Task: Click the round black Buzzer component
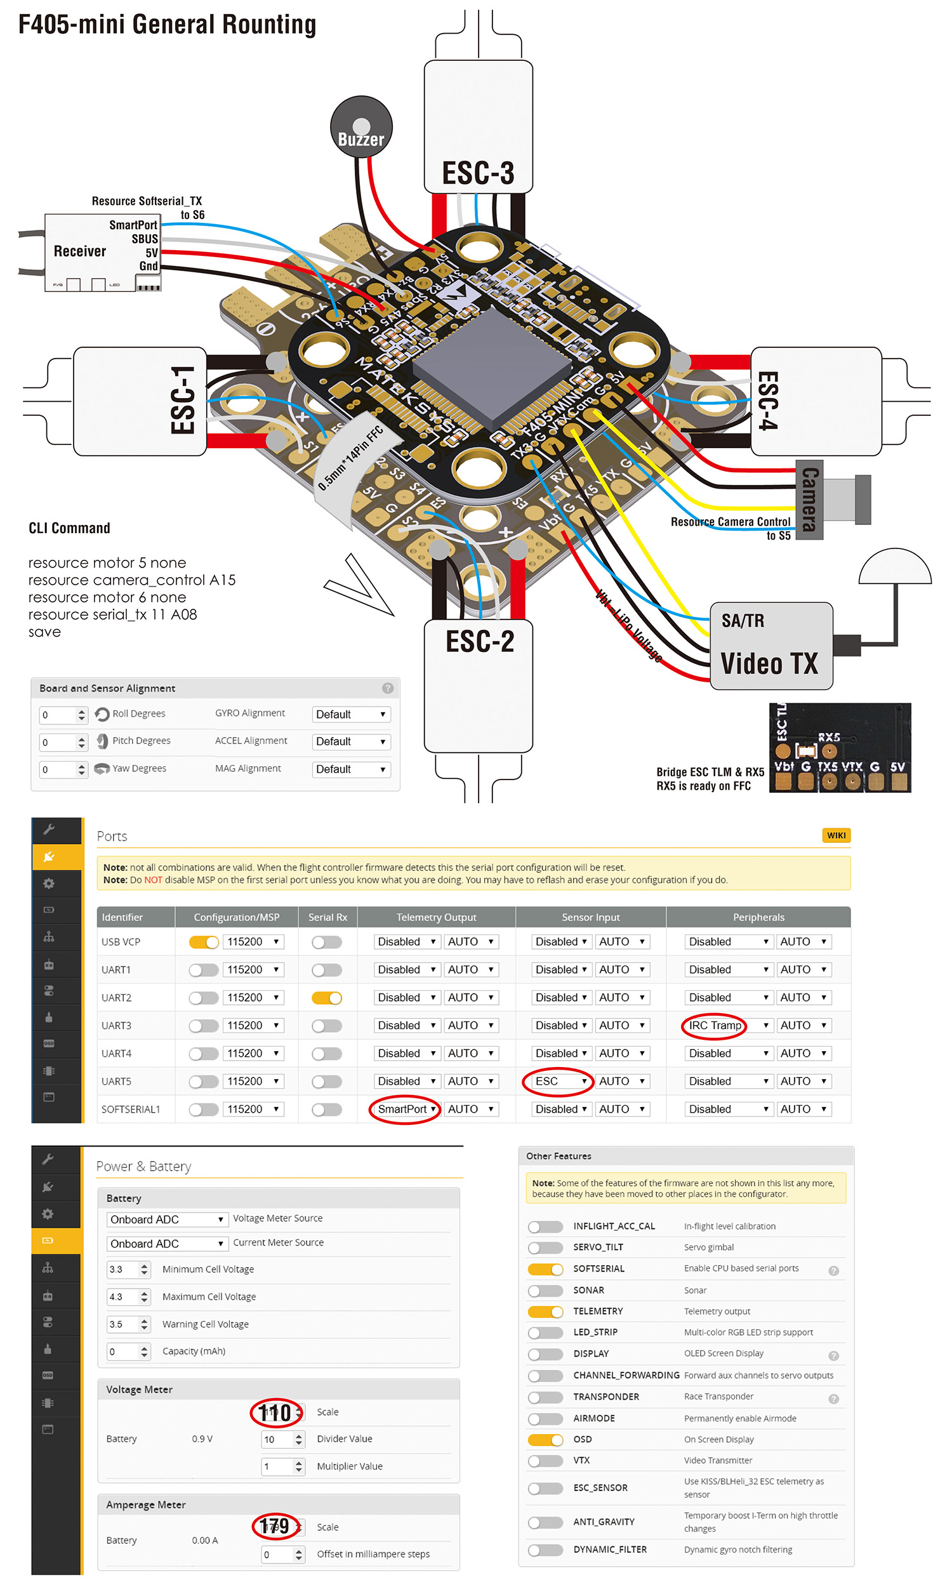tap(360, 127)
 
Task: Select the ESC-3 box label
tap(478, 173)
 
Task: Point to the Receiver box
tap(80, 251)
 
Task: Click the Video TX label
tap(769, 663)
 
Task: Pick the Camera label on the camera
tap(810, 499)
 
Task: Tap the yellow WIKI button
tap(835, 835)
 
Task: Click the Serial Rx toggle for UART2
tap(326, 997)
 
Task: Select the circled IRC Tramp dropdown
tap(715, 1025)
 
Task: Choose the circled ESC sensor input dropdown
tap(555, 1081)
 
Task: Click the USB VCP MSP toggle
tap(203, 941)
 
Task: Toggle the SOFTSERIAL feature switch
tap(545, 1268)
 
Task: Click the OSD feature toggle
tap(545, 1439)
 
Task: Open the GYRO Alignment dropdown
tap(351, 715)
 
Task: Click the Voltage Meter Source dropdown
tap(167, 1219)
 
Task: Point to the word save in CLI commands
tap(44, 632)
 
